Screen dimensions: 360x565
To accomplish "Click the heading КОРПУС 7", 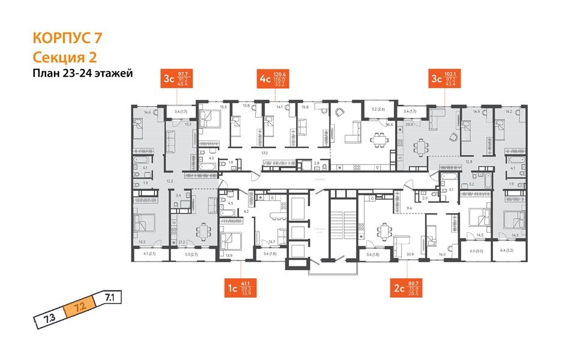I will (x=67, y=38).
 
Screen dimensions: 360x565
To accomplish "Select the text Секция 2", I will (x=64, y=57).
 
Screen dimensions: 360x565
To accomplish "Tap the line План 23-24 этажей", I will (x=82, y=73).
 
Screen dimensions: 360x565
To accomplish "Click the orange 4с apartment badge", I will (x=265, y=79).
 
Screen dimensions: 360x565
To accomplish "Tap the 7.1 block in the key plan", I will (x=110, y=296).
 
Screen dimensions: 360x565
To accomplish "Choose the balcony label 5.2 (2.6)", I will (x=378, y=109).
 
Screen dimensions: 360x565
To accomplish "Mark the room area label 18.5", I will (x=142, y=242).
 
